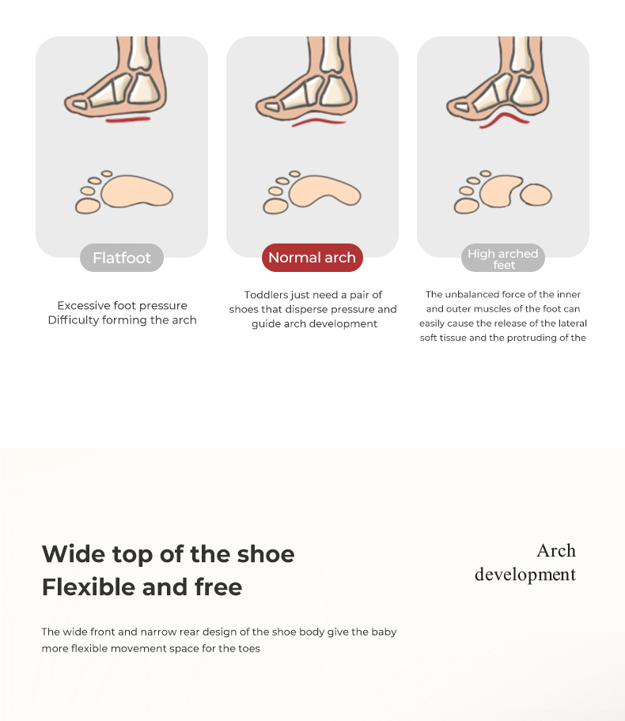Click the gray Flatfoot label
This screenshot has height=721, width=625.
tap(122, 258)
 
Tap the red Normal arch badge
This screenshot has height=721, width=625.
tap(312, 258)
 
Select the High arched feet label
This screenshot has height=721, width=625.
tap(503, 258)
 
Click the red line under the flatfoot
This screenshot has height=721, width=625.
tap(128, 119)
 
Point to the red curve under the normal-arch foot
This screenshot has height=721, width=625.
tap(319, 121)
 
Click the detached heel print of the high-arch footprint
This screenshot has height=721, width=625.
tap(536, 194)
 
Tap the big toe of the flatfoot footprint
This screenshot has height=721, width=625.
tap(88, 206)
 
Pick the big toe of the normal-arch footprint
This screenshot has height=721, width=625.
tap(275, 206)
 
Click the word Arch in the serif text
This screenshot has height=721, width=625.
tap(556, 551)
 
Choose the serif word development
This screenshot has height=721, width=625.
tap(525, 575)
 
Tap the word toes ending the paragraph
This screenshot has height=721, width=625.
tap(249, 648)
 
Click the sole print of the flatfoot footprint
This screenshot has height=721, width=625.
tap(137, 191)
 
